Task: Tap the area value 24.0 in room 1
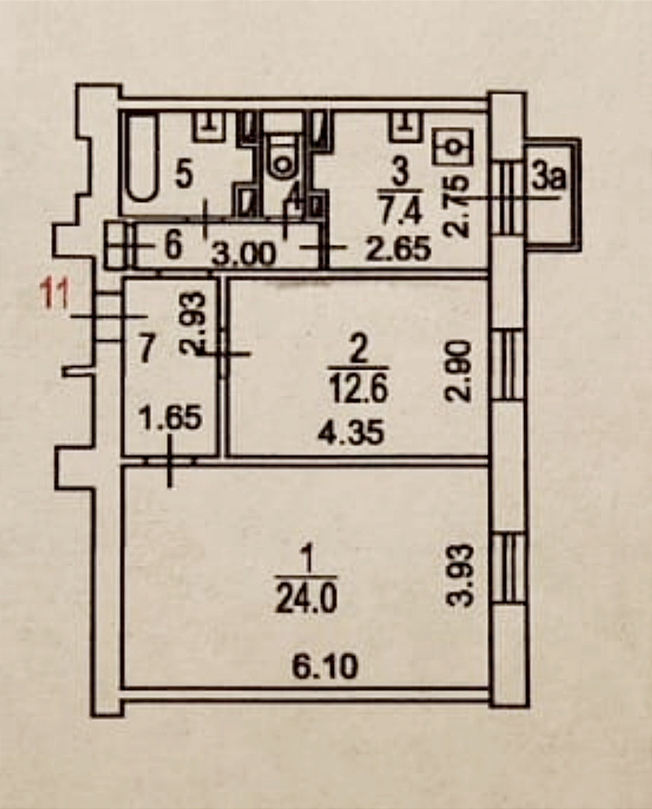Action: coord(306,601)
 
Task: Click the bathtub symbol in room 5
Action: coord(141,158)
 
